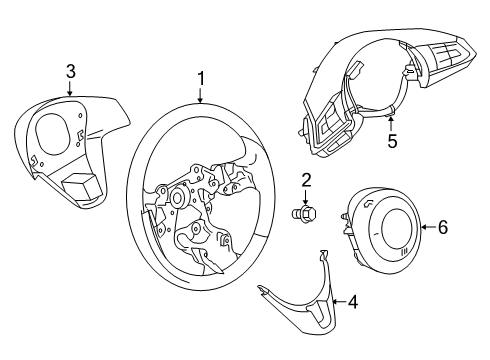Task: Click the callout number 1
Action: tap(201, 79)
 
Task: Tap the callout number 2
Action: tap(306, 180)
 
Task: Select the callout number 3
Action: tap(70, 71)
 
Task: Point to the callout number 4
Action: tap(353, 302)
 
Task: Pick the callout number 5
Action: tap(392, 141)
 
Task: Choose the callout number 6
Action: tap(443, 227)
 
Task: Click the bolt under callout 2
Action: tap(303, 213)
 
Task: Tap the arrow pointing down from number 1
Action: tap(200, 95)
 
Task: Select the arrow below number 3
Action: tap(70, 89)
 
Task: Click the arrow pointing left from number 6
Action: tap(428, 227)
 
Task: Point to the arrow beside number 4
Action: tap(339, 302)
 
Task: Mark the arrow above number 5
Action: tap(391, 123)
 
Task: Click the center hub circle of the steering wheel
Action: tap(176, 198)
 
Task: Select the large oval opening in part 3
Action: tap(53, 134)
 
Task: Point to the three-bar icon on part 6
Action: tap(405, 251)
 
